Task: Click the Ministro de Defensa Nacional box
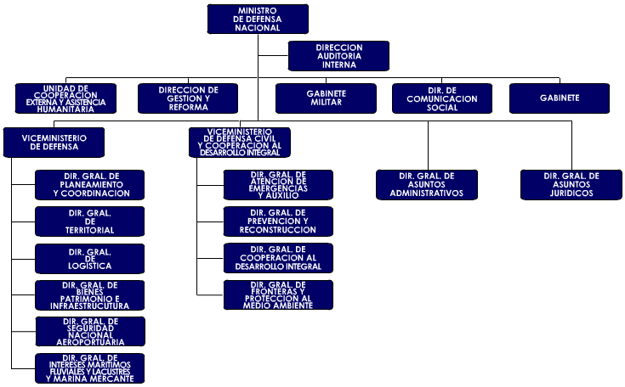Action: (x=258, y=19)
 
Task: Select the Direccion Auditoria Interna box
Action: (x=339, y=55)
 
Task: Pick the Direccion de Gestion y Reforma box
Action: (x=189, y=98)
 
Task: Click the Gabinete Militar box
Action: (x=326, y=98)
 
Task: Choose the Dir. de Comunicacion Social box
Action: (x=442, y=98)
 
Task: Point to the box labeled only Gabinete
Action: (x=560, y=98)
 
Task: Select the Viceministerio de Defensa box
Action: (x=54, y=142)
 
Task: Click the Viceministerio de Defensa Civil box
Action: (x=239, y=142)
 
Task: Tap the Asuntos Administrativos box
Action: (x=427, y=184)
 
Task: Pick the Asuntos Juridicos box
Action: (x=571, y=184)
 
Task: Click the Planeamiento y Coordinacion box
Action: (x=90, y=184)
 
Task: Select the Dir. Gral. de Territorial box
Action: (x=90, y=221)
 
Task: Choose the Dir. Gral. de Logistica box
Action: (x=90, y=258)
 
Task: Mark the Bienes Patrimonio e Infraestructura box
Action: (x=90, y=294)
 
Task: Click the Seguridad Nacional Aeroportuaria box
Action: (x=90, y=331)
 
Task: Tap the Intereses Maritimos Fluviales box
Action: (x=90, y=368)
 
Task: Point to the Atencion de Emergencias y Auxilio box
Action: (x=279, y=184)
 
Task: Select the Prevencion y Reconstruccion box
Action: (x=279, y=221)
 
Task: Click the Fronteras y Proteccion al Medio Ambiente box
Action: (x=279, y=294)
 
